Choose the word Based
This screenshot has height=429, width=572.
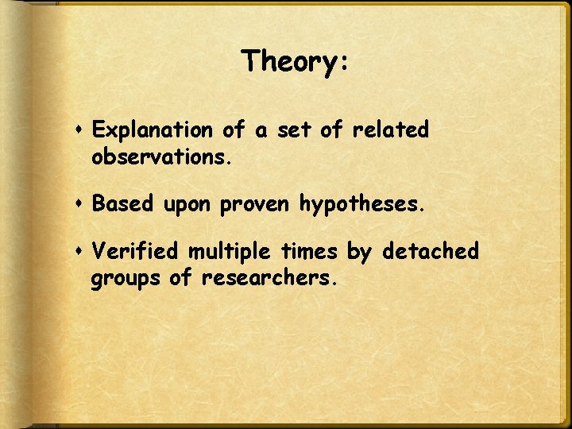pyautogui.click(x=123, y=204)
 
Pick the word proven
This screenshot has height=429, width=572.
pyautogui.click(x=256, y=206)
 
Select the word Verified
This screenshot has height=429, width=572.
pyautogui.click(x=136, y=252)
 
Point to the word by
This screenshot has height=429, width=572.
pyautogui.click(x=360, y=253)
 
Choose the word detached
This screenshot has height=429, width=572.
pyautogui.click(x=431, y=252)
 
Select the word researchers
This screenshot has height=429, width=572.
pyautogui.click(x=270, y=279)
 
